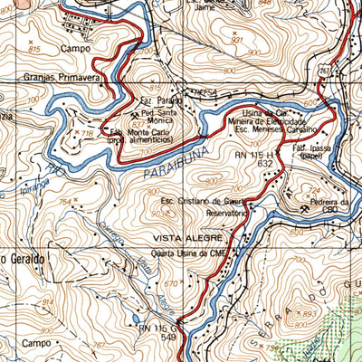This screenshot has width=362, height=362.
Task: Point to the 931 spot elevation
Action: pos(238,41)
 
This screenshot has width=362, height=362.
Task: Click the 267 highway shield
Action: pos(327,70)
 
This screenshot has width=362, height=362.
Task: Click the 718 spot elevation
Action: pos(88,133)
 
